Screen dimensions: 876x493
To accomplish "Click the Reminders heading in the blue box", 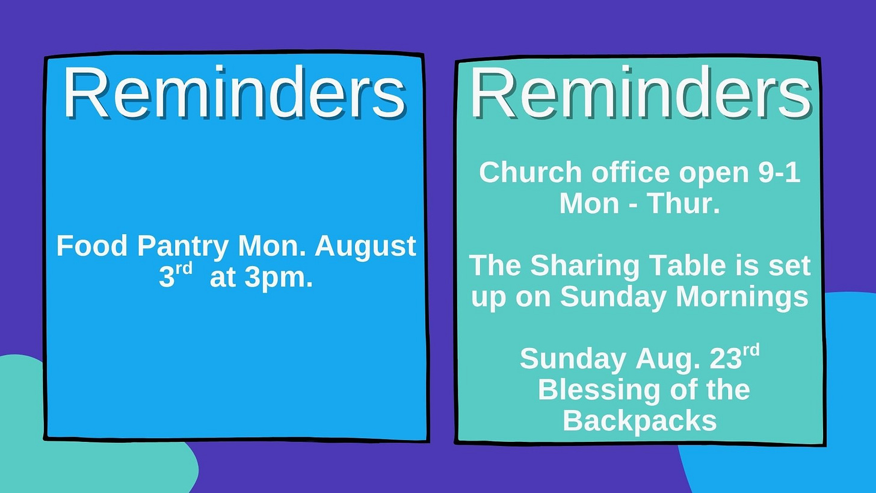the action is click(234, 92).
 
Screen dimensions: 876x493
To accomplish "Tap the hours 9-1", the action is click(779, 173).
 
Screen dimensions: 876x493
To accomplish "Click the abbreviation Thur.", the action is click(683, 203).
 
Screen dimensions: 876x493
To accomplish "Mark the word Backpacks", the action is click(640, 421).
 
